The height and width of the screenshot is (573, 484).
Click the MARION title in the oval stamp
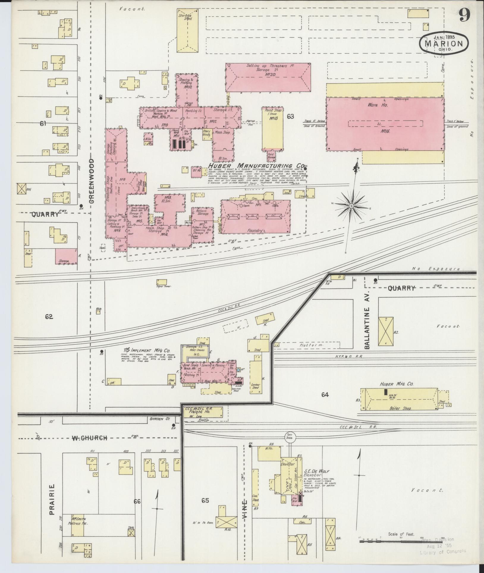pos(444,44)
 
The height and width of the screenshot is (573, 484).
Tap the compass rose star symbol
pos(351,206)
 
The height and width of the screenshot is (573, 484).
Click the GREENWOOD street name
pos(92,180)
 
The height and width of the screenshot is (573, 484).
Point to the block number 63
pos(290,117)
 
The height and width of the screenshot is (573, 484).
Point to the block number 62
pos(49,317)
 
